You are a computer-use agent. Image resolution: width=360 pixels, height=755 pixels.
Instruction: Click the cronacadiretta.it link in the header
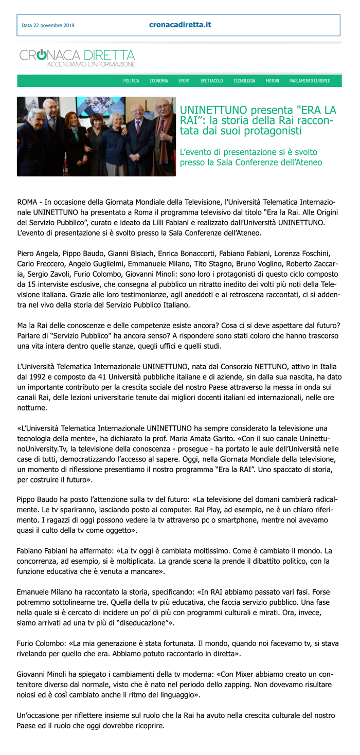pos(180,25)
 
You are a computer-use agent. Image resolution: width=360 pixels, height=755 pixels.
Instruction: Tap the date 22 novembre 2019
pos(48,26)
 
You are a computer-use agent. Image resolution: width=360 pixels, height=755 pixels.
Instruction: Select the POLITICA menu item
pos(131,81)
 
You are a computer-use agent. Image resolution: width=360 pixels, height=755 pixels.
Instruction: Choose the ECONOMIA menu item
pos(158,81)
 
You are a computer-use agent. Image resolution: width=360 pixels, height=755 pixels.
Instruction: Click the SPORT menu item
pos(184,81)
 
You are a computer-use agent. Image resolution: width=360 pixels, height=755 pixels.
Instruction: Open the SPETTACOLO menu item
pos(211,81)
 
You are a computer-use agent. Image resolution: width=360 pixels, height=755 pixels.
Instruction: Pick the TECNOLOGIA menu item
pos(244,81)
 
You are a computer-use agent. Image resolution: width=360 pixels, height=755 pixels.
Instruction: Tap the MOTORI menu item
pos(272,81)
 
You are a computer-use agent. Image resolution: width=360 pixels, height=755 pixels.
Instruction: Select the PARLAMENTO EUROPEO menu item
pos(310,81)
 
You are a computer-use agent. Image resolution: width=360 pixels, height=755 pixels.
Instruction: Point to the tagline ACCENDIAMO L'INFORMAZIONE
pos(91,64)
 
